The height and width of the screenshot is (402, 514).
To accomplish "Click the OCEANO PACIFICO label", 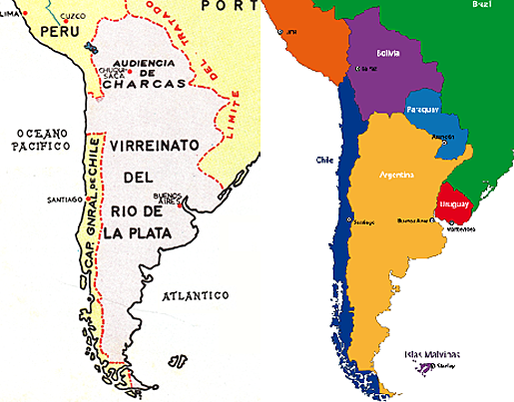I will pos(38,138).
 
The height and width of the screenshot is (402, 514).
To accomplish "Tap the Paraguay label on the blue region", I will pos(424,108).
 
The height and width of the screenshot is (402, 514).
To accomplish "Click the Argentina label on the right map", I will pos(397,174).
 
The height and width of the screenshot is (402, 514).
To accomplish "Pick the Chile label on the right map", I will pos(324,160).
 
